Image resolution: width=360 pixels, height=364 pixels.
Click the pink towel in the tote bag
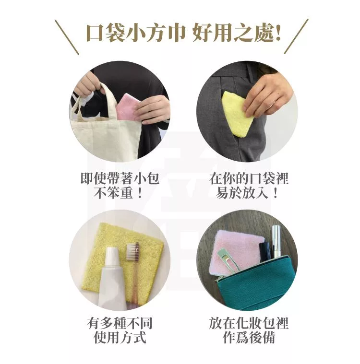tap(127, 106)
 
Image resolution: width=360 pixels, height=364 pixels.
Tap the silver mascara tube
tap(276, 241)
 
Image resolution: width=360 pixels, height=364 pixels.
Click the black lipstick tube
tap(265, 251)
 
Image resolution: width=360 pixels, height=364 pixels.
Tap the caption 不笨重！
tap(119, 193)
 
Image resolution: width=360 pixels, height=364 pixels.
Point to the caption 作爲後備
tap(249, 337)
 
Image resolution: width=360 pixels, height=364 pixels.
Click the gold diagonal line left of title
tap(67, 37)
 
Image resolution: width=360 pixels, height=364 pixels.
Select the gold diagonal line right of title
tap(296, 36)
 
